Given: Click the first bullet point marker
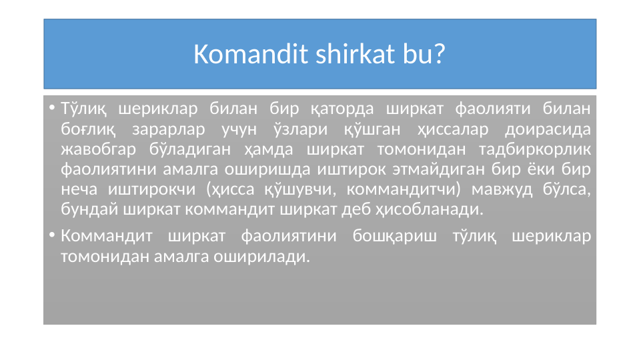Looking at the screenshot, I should click(51, 108).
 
